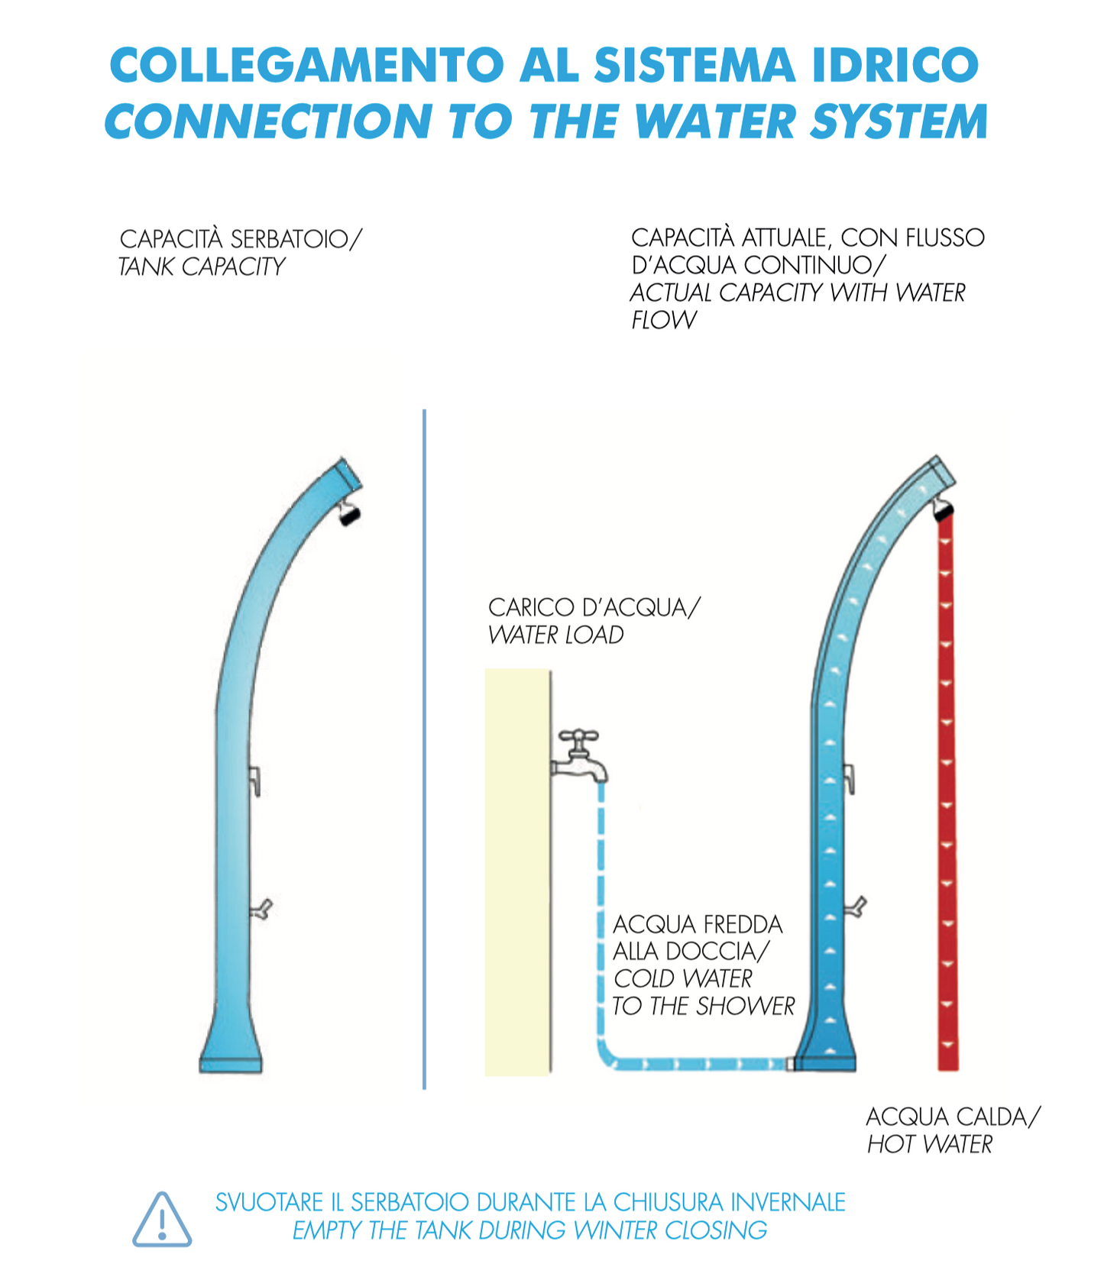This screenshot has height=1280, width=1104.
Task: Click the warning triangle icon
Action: [x=162, y=1220]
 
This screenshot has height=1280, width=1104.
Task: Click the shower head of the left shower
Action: [x=349, y=512]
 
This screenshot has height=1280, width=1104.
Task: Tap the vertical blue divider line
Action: [x=424, y=748]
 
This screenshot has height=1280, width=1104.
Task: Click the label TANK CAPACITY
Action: [x=202, y=267]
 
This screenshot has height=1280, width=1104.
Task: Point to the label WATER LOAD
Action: [x=555, y=635]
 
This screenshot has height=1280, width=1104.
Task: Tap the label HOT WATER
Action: [x=929, y=1144]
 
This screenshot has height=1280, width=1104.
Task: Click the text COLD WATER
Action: [x=683, y=978]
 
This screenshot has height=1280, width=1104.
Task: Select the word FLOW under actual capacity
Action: [x=663, y=320]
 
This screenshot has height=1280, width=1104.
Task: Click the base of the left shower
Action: [x=231, y=1063]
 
